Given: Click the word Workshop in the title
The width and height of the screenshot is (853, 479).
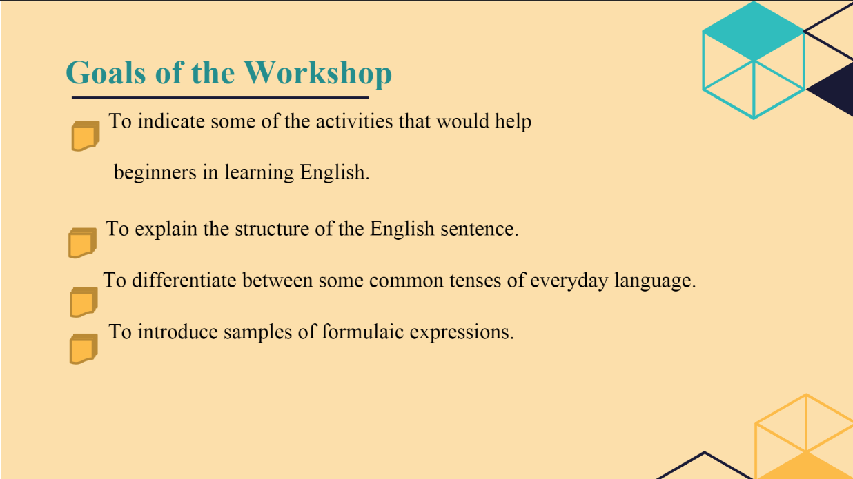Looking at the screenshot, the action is pos(318,74).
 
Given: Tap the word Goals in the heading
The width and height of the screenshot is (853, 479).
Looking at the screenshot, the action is pos(106,72).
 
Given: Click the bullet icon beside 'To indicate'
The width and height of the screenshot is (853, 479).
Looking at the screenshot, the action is pos(86,136).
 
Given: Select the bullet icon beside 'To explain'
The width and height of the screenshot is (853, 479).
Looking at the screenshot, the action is pos(82,243).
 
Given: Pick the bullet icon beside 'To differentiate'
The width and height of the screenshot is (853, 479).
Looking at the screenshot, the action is pos(84,302).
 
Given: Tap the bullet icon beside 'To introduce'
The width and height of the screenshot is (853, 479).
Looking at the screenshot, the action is pos(84,349).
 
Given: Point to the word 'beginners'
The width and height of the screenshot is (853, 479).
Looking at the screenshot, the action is pos(155,173).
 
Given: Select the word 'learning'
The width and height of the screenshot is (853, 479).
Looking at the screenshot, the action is pos(259,173).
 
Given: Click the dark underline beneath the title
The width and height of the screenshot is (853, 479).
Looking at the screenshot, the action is pos(220,98).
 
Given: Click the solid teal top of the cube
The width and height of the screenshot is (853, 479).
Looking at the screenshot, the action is pos(753,31).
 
